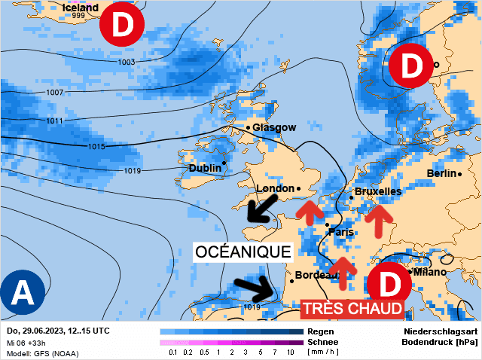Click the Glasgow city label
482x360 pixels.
[274, 127]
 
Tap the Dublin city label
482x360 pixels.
[205, 168]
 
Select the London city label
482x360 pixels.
[275, 188]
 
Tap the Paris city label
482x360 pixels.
[341, 232]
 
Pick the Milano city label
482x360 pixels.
[430, 271]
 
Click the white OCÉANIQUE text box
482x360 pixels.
[243, 252]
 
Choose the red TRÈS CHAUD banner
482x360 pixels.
[352, 309]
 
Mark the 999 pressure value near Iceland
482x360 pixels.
[78, 17]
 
